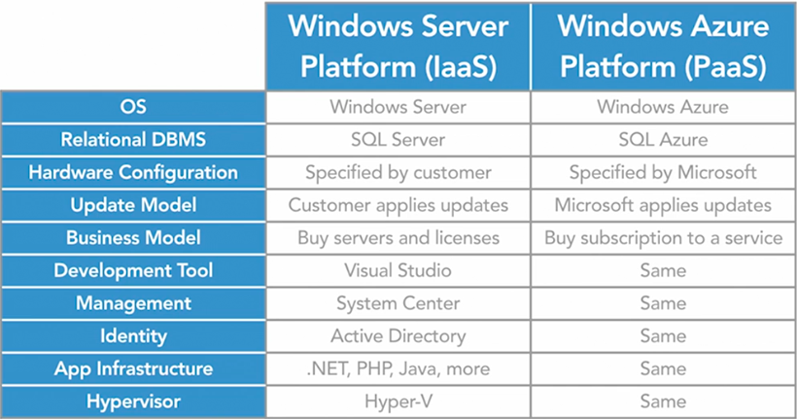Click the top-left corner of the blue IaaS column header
[x=266, y=3]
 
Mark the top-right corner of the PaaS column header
[x=795, y=3]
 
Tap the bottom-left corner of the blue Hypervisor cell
[x=2, y=417]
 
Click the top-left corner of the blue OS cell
[x=2, y=91]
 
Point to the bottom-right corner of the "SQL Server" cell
[x=530, y=156]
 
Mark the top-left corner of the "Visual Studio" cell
[x=266, y=255]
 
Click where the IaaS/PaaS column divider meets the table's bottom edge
[x=531, y=417]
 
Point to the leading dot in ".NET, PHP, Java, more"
[x=308, y=373]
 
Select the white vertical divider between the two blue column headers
[x=531, y=47]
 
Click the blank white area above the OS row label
[x=132, y=46]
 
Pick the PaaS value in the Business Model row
[x=663, y=238]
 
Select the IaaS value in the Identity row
[x=398, y=336]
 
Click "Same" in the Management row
[x=663, y=303]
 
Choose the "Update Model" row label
[x=133, y=205]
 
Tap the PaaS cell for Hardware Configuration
[x=663, y=173]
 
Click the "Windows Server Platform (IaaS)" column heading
[x=398, y=47]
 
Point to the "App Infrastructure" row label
[x=133, y=369]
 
